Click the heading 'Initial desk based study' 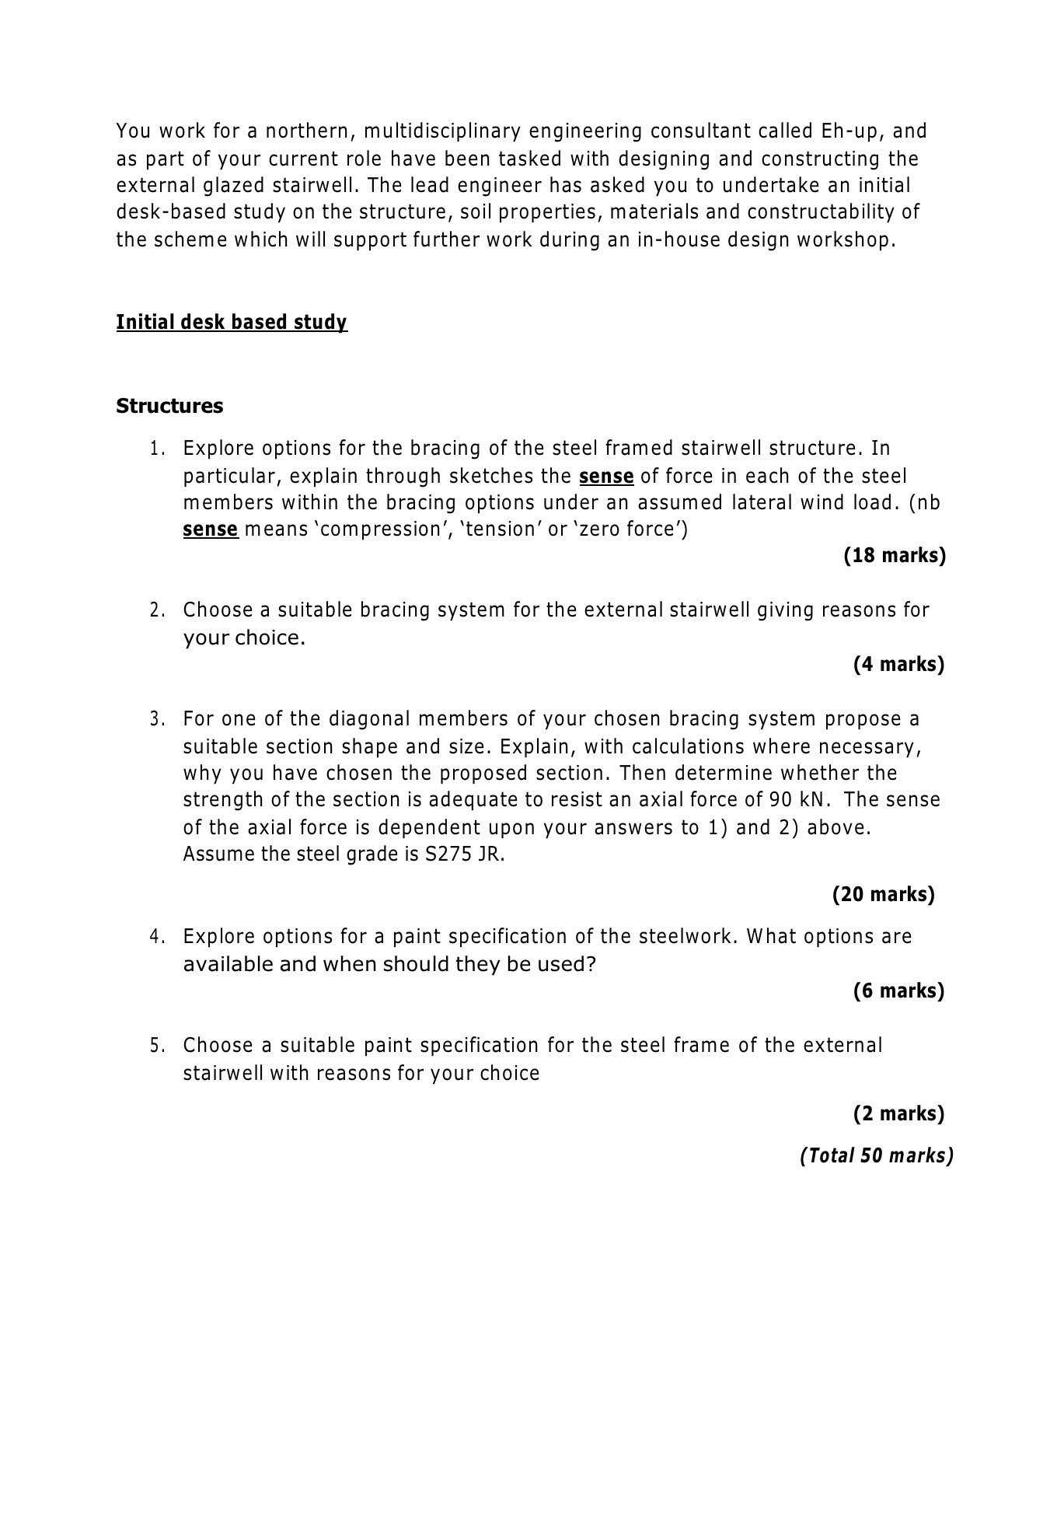[232, 322]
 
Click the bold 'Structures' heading [169, 406]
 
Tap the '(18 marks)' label [895, 556]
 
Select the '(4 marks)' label [898, 664]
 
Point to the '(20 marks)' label [884, 894]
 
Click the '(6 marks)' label [898, 991]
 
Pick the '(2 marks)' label [898, 1113]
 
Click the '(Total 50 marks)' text [876, 1155]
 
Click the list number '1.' [158, 449]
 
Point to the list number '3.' [158, 719]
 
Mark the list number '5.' [158, 1046]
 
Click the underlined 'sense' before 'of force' [607, 476]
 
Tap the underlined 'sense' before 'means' [210, 529]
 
